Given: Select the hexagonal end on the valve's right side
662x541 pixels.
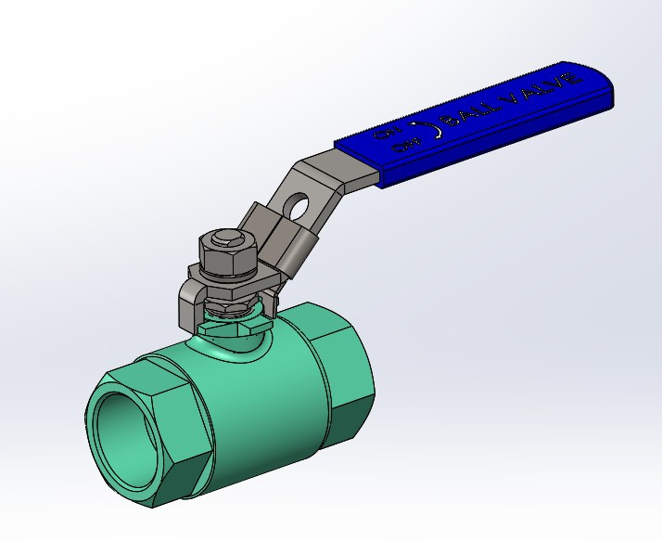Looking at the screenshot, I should point(348,371).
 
